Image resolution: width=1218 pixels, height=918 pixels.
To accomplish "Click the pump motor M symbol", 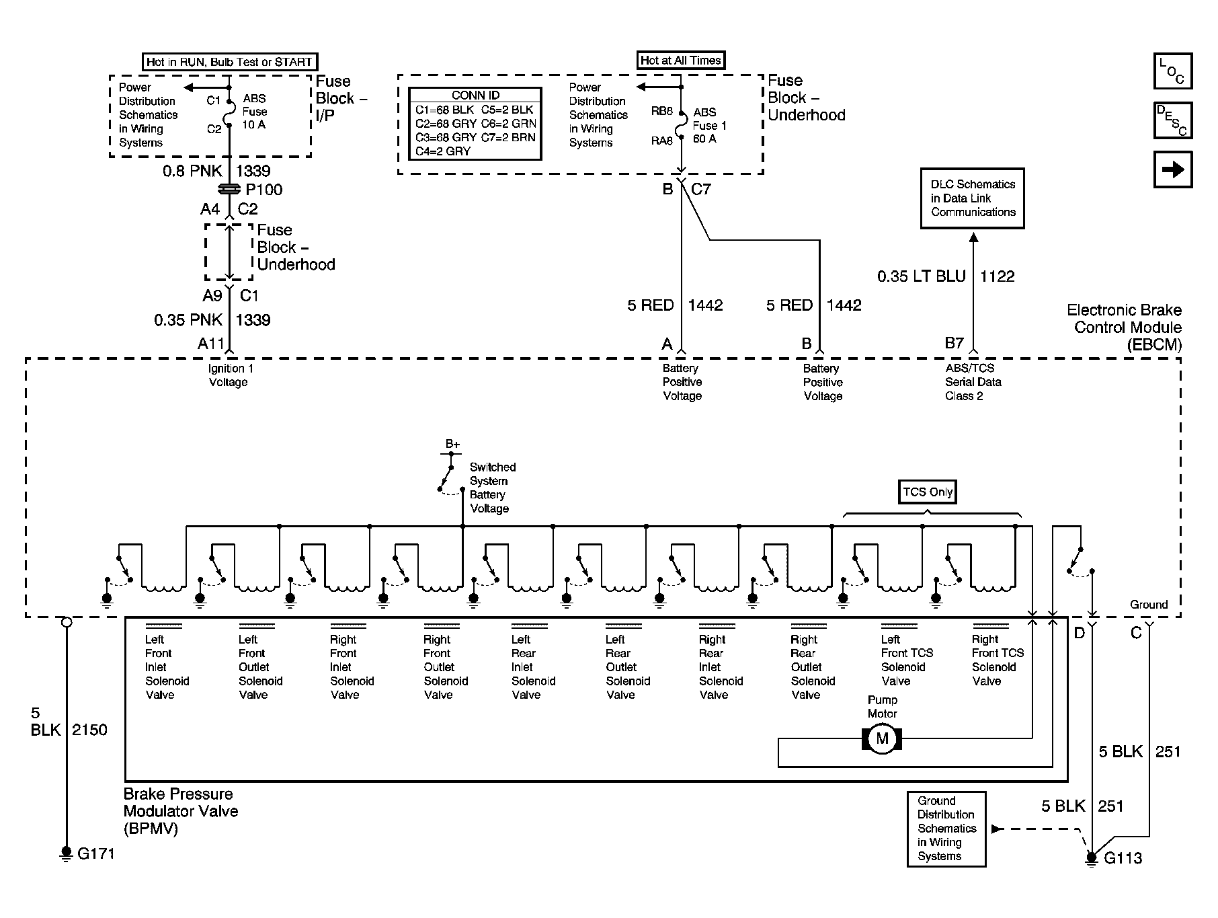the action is tap(882, 739).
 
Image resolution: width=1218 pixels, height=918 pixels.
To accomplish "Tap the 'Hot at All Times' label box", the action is tap(681, 61).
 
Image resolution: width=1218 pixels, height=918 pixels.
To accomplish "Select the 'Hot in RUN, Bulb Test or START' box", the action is tap(229, 62).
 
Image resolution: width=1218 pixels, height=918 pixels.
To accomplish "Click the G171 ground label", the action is tap(96, 854).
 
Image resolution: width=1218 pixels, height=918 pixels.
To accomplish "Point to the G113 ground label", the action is tap(1123, 858).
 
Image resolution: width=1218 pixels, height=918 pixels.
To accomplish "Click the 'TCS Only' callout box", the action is tap(928, 492).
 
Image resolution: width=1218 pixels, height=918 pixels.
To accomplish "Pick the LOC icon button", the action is tap(1173, 71).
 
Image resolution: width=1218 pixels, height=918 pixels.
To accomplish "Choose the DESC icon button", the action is tap(1173, 120).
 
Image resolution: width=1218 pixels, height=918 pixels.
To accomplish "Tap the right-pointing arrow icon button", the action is tap(1173, 169).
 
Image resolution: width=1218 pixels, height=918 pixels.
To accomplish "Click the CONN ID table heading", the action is tap(475, 95).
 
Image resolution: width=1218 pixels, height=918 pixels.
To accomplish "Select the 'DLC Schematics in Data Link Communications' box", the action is tap(973, 198).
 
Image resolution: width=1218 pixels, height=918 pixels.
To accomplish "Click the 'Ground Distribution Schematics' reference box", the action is tap(946, 829).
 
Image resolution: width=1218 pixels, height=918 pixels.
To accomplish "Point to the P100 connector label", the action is tap(264, 190).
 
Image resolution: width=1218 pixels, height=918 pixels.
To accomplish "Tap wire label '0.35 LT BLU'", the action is tap(921, 276).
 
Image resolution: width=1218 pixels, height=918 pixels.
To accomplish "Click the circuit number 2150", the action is tap(89, 730).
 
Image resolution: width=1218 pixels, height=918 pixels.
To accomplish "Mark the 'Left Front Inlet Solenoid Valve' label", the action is tap(167, 667).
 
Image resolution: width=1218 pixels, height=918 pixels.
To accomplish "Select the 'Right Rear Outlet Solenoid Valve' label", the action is tap(813, 667).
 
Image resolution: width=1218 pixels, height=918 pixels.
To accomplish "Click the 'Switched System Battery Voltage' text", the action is tap(493, 488).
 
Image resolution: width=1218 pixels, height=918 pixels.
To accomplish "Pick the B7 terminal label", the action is tap(955, 343).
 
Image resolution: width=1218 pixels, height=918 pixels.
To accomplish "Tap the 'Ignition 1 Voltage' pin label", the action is tap(231, 375).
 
